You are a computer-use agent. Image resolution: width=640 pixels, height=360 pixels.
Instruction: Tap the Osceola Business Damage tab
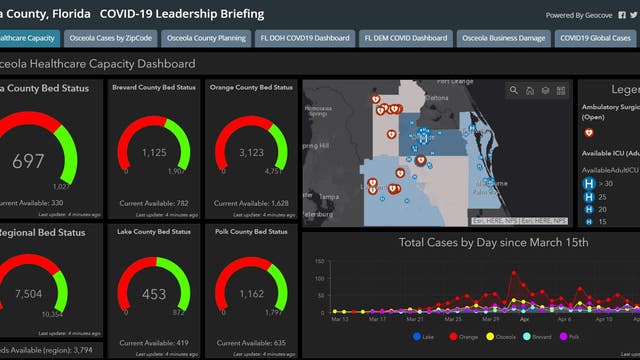(503, 39)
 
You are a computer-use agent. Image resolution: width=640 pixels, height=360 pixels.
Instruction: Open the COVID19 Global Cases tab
(596, 39)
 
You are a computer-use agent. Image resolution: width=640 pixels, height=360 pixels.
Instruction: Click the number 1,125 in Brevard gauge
(153, 153)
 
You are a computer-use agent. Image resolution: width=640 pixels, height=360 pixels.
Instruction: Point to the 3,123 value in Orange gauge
(253, 153)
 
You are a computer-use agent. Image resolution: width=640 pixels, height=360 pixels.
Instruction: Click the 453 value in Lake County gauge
(153, 295)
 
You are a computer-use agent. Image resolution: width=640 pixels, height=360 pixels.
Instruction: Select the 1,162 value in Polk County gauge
(253, 295)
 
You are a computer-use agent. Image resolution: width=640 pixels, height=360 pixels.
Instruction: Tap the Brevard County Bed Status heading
(153, 88)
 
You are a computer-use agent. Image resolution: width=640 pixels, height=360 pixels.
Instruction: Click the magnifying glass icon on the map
(514, 91)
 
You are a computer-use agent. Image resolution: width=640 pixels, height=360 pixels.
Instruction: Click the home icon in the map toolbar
(529, 91)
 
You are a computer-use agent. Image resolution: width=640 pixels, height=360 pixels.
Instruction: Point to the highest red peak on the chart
(514, 272)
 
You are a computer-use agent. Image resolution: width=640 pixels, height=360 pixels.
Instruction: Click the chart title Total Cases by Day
(467, 243)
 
